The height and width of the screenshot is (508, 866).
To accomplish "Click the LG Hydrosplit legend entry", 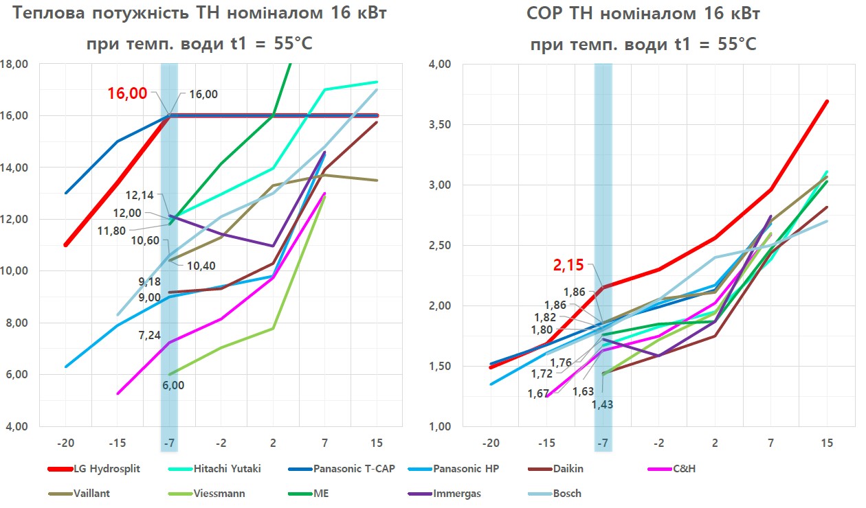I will pyautogui.click(x=110, y=470).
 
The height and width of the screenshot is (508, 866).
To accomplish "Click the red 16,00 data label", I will pyautogui.click(x=127, y=93).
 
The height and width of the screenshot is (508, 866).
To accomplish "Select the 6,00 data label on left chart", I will pyautogui.click(x=174, y=385).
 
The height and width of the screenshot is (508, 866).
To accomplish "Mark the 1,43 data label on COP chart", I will pyautogui.click(x=602, y=404).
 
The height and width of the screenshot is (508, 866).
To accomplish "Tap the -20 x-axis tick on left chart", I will pyautogui.click(x=65, y=443).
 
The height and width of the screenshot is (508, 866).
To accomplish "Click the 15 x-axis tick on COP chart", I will pyautogui.click(x=826, y=443).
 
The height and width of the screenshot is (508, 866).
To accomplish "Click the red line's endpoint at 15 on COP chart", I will pyautogui.click(x=826, y=101).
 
